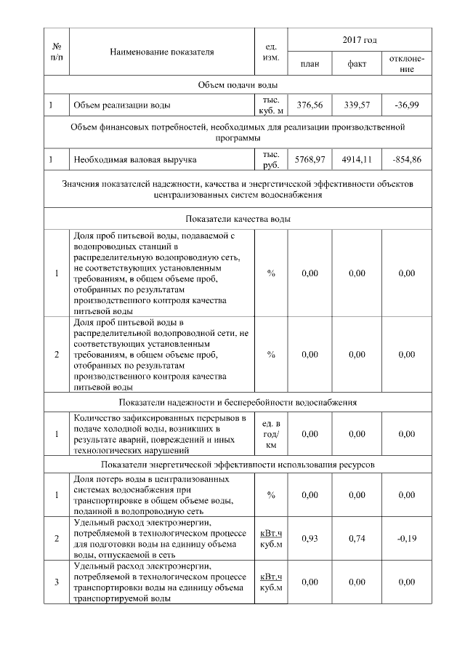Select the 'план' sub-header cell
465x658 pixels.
[310, 64]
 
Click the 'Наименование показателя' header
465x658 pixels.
[162, 52]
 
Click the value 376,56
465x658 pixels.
[310, 105]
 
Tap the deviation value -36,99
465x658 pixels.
[406, 105]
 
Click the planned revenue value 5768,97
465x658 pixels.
[310, 158]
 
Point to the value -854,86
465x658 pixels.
[406, 158]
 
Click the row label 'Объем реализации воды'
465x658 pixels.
[121, 105]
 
